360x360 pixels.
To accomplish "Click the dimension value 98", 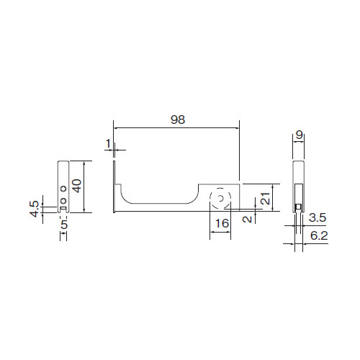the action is coord(178,120).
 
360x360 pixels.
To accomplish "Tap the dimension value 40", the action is coord(77,186).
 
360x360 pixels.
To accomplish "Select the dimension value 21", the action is coord(265,198).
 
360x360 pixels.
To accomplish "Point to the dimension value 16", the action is coord(222,223).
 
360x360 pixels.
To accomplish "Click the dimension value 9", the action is coord(299,135).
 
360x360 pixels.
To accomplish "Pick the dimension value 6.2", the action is coord(319,235).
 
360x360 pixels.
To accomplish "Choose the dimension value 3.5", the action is coord(318,217).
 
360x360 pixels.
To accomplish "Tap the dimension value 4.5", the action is coord(35,209).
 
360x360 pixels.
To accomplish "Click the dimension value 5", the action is coord(64,225).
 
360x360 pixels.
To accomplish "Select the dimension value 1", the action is coord(108,143).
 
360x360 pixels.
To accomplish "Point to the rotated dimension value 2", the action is coord(248,219).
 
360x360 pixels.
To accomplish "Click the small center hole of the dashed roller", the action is coord(220,199).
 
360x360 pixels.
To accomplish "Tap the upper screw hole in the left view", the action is coord(63,189).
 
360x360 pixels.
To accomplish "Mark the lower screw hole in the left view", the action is coord(63,201).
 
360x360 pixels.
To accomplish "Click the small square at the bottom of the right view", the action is coord(299,207).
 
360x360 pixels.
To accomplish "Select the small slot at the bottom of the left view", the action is coord(63,208).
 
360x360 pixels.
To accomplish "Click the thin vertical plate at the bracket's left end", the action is coord(114,186).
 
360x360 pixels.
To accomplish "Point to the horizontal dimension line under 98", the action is coord(176,128).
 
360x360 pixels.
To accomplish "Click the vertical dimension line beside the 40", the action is coord(84,186).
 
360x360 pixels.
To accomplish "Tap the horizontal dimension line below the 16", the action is coord(220,232).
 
